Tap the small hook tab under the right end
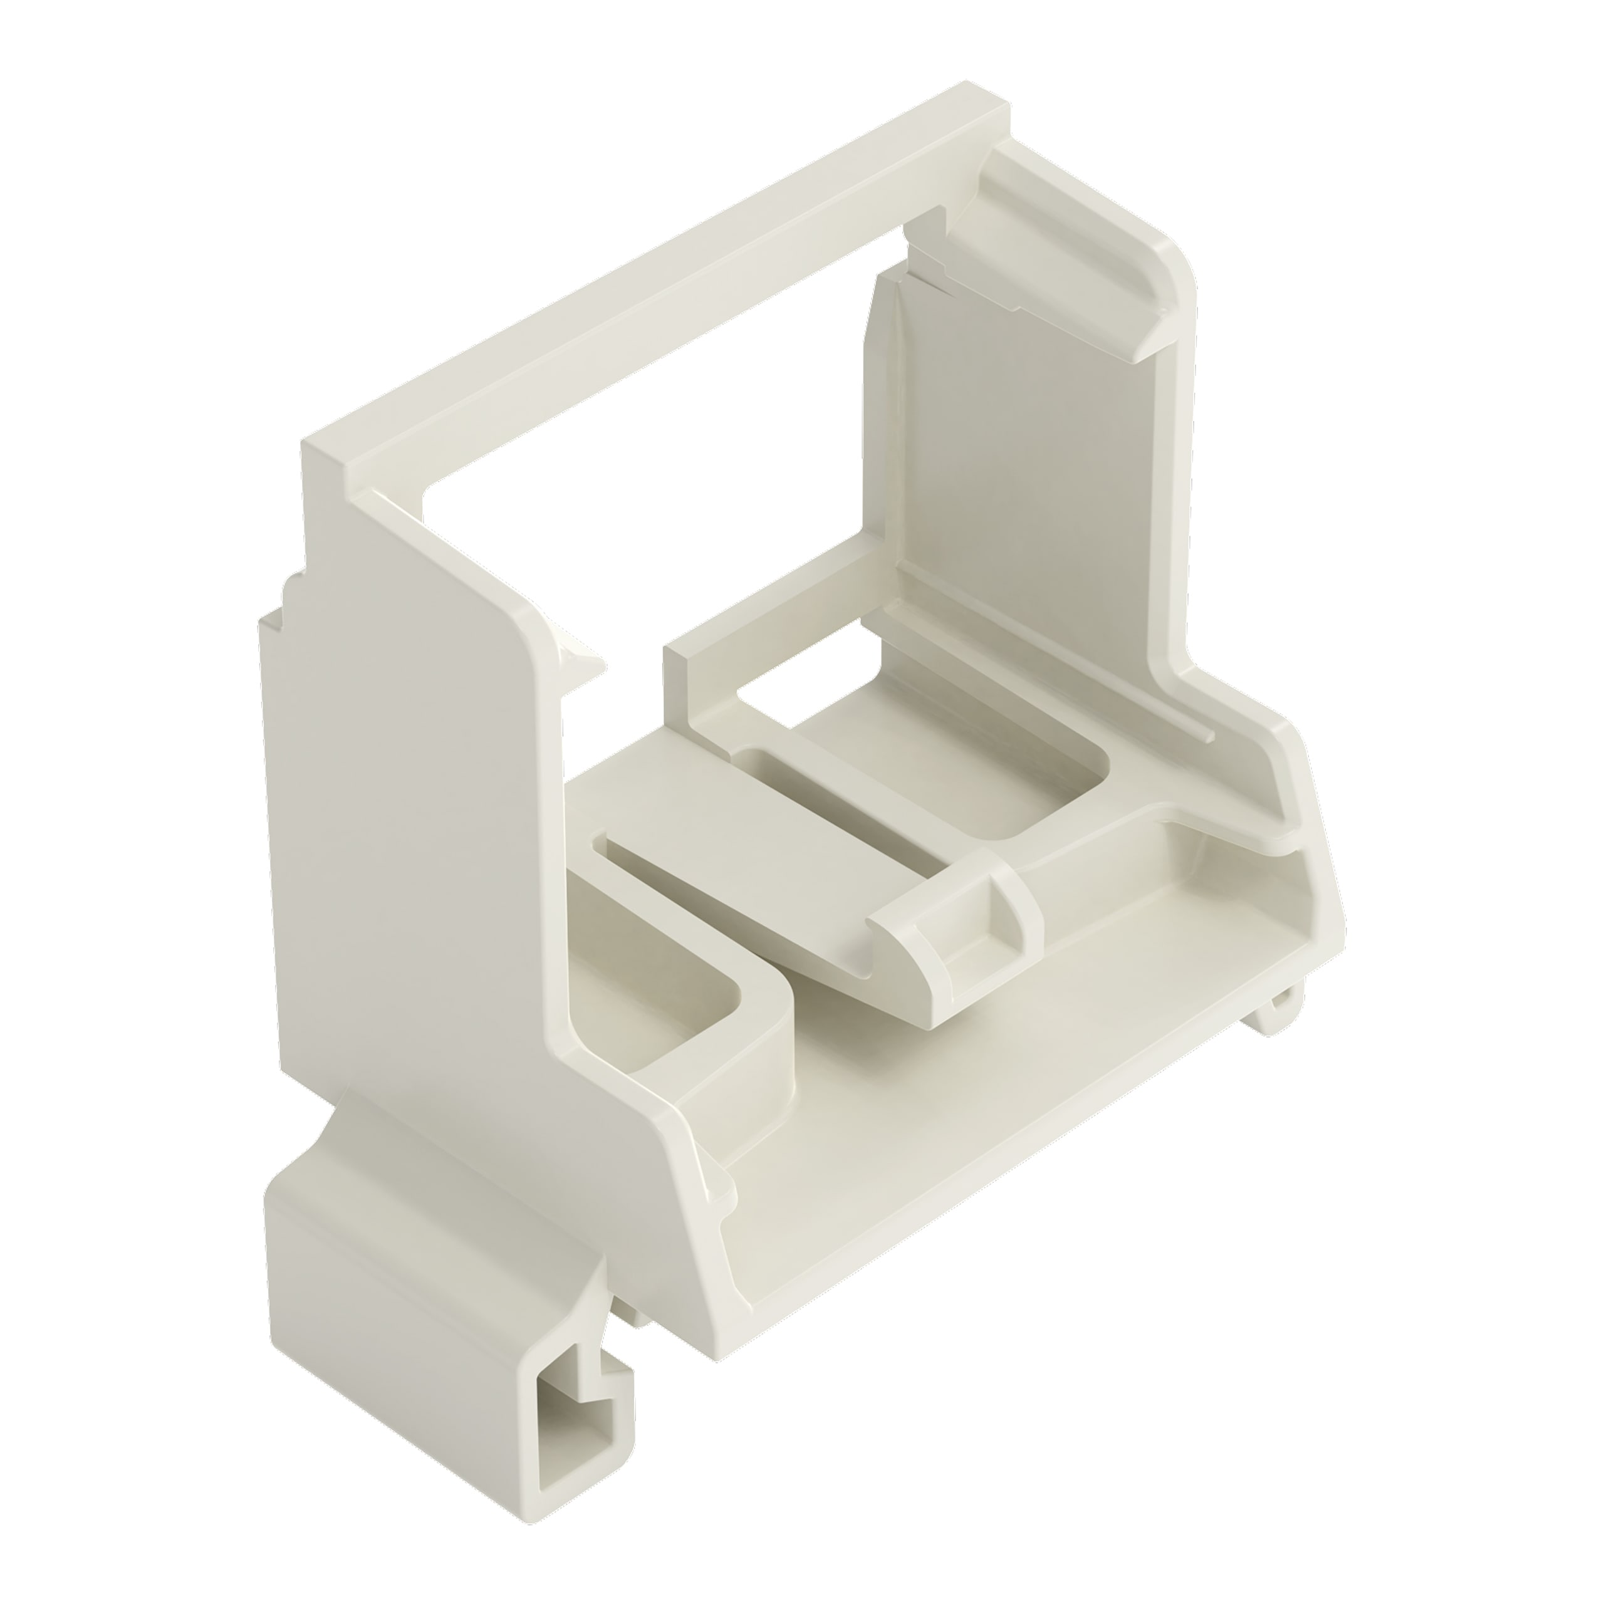(x=1279, y=1009)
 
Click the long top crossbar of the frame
(x=664, y=283)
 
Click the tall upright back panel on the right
(x=1021, y=465)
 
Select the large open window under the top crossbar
(x=664, y=498)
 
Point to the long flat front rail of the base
(x=996, y=1121)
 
